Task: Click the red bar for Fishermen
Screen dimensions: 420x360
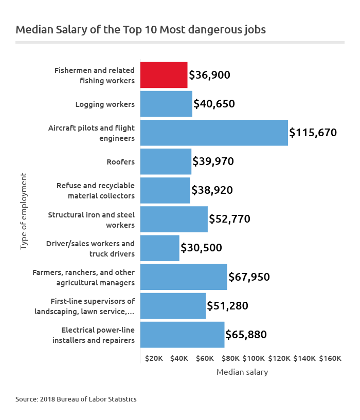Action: pos(164,75)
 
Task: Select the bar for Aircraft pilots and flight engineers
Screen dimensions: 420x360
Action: pos(214,133)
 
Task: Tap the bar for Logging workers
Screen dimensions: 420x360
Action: pos(166,104)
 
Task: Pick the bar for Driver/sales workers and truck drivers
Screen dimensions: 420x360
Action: pos(159,248)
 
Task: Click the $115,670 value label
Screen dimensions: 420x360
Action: pos(313,133)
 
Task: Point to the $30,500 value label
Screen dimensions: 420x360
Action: pos(201,248)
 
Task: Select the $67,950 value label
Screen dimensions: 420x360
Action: pos(249,277)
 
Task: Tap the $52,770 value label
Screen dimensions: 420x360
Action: pos(229,219)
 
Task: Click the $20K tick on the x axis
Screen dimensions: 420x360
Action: pos(154,358)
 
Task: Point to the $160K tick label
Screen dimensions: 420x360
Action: pos(330,358)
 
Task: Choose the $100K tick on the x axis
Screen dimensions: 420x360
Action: pos(254,358)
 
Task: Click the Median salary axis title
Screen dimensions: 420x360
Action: pos(242,372)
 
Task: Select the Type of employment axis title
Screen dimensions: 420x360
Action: pos(23,212)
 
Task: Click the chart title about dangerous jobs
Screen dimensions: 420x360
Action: pos(140,29)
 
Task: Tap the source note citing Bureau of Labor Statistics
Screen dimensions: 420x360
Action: pos(76,399)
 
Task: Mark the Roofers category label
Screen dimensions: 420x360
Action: pos(120,162)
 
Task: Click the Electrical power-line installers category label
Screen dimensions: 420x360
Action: pos(94,335)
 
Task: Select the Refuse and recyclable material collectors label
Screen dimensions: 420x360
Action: pos(96,190)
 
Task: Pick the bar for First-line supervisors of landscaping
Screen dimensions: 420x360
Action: pos(173,306)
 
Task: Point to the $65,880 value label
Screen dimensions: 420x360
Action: pos(246,335)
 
